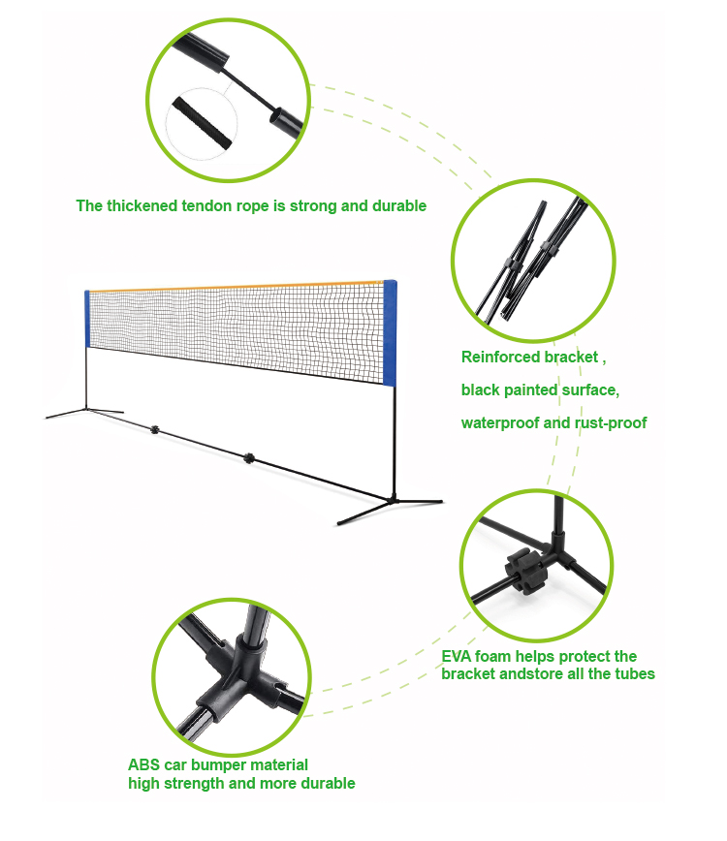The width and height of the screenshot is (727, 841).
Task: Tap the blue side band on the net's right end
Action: click(390, 332)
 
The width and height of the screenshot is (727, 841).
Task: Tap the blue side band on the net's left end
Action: click(87, 319)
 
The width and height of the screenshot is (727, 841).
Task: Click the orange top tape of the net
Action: click(237, 287)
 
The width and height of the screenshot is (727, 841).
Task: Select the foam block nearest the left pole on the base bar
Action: click(155, 429)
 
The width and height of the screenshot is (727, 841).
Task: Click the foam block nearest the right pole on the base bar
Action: click(248, 458)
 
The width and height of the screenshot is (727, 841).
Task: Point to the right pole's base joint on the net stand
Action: click(394, 500)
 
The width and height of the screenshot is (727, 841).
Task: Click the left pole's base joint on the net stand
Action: click(86, 410)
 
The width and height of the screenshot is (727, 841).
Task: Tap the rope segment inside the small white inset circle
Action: click(203, 123)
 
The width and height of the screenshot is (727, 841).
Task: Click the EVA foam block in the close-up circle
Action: click(525, 573)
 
